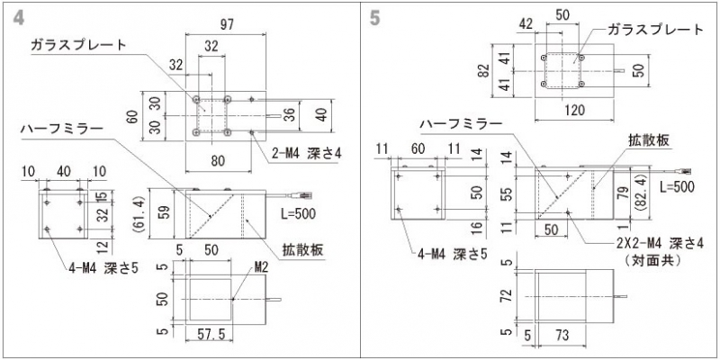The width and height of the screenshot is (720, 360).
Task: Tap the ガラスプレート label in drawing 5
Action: (x=655, y=30)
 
